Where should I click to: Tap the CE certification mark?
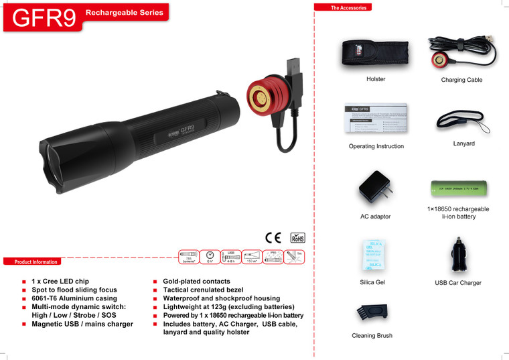coord(273,237)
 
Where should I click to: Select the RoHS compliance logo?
coord(297,237)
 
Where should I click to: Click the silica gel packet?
coord(372,255)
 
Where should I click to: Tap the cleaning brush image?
coord(372,312)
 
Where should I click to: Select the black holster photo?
coord(375,52)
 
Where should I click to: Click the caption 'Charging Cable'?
coord(461,80)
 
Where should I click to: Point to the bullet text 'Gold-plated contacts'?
coord(196,282)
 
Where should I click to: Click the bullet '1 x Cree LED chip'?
coord(60,282)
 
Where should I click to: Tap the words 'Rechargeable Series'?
coord(125,13)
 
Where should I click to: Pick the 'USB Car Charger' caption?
coord(458,283)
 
